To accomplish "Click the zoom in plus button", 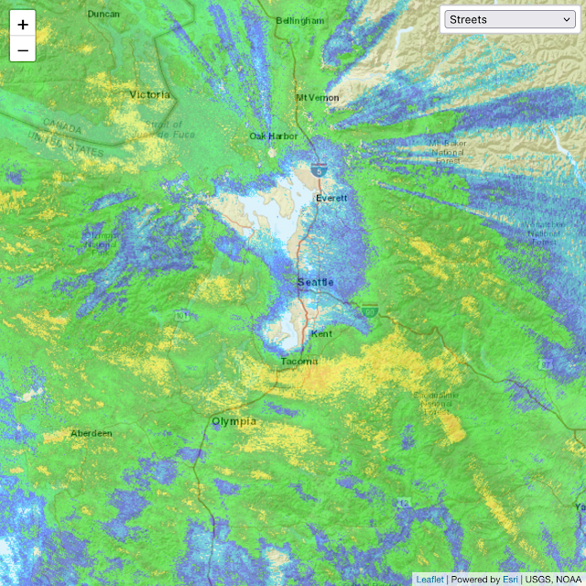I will (x=23, y=25).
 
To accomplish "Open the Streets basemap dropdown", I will (x=509, y=19).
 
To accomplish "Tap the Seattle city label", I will (x=316, y=282).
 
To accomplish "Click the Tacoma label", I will (x=299, y=362).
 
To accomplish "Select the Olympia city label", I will (x=234, y=421).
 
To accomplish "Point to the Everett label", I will (x=331, y=198).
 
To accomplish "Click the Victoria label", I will (x=150, y=94).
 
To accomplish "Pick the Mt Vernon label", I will (x=318, y=98).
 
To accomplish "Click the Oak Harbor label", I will (x=274, y=136).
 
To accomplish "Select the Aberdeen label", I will (x=92, y=433).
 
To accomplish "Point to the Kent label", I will (x=321, y=334).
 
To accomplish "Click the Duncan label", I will (x=103, y=14).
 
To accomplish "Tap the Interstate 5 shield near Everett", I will (x=318, y=169).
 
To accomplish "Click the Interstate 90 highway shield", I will (x=369, y=311).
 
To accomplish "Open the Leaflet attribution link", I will (x=429, y=579).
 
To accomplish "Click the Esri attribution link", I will (x=510, y=579).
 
